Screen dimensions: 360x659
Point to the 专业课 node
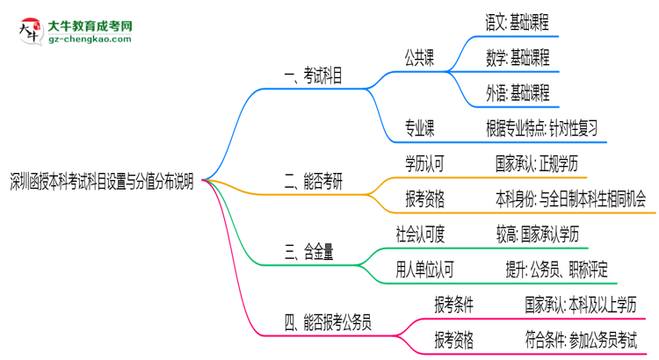tap(420, 128)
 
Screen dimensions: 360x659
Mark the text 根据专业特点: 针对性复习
tap(541, 128)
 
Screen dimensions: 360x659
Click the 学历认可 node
tap(424, 163)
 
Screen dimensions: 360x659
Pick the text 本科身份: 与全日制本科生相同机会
tap(569, 200)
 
